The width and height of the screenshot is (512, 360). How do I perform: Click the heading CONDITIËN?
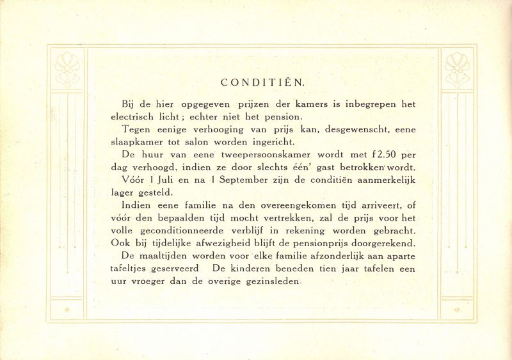[262, 82]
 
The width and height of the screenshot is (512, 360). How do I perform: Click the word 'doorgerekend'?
[380, 244]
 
